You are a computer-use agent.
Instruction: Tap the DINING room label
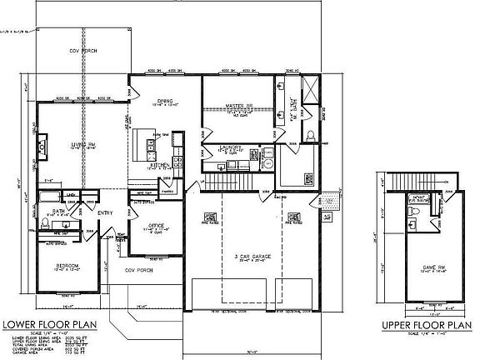(163, 101)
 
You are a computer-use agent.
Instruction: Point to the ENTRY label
(106, 213)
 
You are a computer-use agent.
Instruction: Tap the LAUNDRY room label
(231, 151)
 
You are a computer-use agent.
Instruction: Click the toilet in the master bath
(310, 136)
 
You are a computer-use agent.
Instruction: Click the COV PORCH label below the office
(136, 270)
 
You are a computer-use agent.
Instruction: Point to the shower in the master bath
(309, 87)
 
